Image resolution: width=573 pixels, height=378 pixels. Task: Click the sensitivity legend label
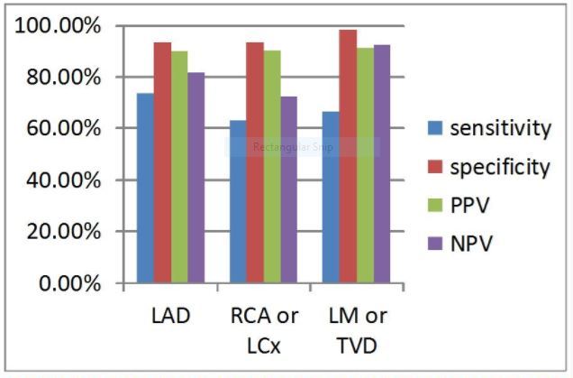[501, 128]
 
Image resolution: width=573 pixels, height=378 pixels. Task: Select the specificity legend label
[500, 167]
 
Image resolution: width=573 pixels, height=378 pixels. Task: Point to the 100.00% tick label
[59, 26]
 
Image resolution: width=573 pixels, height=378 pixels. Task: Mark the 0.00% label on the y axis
[70, 283]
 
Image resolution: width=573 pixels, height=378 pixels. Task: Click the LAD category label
[170, 318]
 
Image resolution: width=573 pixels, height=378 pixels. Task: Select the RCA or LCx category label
[263, 329]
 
